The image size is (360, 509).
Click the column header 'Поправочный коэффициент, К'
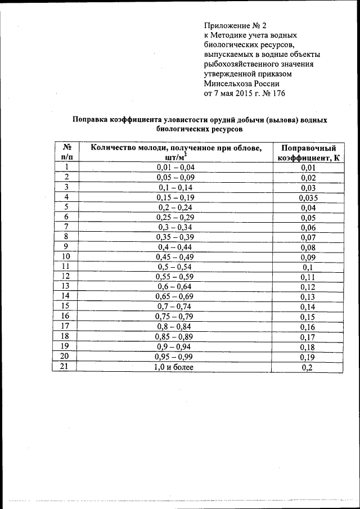(x=308, y=152)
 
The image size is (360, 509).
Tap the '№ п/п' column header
(x=66, y=152)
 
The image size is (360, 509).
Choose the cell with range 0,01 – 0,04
(x=175, y=167)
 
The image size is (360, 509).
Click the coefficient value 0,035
(x=308, y=197)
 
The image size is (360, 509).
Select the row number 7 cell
(x=66, y=227)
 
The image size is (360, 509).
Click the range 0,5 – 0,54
(x=175, y=267)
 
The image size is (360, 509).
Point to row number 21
(x=66, y=367)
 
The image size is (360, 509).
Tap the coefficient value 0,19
(x=308, y=358)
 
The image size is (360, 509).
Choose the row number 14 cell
(x=66, y=297)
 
